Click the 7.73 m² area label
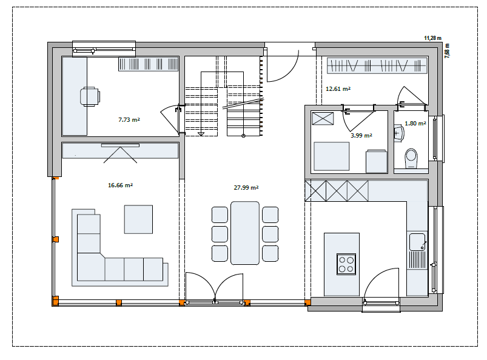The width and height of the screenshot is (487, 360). (x=129, y=119)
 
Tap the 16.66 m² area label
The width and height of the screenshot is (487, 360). (x=120, y=185)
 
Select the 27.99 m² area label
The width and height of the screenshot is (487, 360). (x=246, y=187)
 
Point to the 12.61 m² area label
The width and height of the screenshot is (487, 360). (x=338, y=88)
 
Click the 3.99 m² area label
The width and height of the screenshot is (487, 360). (x=361, y=135)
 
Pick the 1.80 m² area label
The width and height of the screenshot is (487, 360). (x=415, y=123)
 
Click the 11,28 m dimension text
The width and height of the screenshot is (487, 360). (x=432, y=38)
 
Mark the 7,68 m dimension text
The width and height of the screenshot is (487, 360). (x=447, y=51)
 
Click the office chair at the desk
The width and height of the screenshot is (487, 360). (x=90, y=96)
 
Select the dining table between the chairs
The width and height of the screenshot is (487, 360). (x=245, y=233)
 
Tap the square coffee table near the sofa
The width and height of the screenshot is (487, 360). (x=138, y=219)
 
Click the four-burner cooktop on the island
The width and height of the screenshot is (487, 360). (x=346, y=264)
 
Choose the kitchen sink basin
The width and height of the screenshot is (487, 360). (x=417, y=242)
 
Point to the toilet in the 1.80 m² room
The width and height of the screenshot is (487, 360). (x=411, y=158)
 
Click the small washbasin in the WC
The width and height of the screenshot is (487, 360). (x=399, y=133)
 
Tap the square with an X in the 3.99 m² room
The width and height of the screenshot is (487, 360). (x=323, y=119)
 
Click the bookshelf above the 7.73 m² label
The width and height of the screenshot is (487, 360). (x=149, y=64)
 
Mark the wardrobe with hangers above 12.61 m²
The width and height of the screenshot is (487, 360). (x=377, y=65)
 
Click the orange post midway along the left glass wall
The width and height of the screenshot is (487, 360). (x=56, y=239)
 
